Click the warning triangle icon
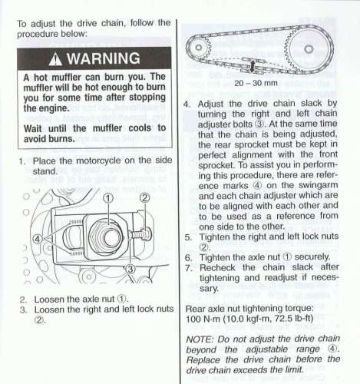tap(55, 60)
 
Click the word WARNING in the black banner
tap(104, 58)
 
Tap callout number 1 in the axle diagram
tap(108, 198)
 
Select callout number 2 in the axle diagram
tap(145, 197)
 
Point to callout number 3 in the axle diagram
tap(130, 269)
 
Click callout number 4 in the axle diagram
tap(37, 239)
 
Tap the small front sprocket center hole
tap(199, 48)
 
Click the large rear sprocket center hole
tap(309, 48)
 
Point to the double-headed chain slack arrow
tap(253, 66)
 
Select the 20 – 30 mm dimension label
tap(256, 83)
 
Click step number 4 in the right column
tap(187, 104)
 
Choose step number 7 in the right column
tap(188, 268)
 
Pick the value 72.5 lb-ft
tap(294, 319)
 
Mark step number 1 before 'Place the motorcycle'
tap(22, 161)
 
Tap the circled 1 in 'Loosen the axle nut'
tap(121, 299)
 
